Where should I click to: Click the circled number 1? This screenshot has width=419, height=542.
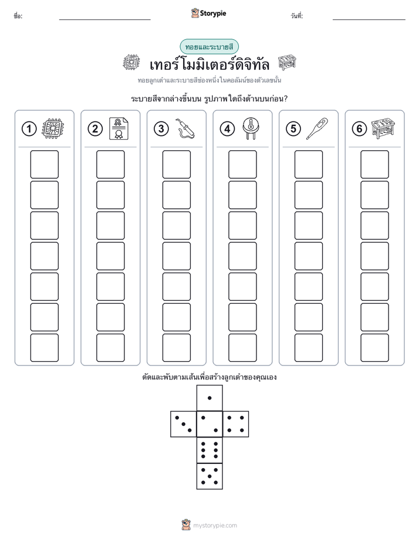click(29, 129)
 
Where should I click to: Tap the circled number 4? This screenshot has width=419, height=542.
click(227, 129)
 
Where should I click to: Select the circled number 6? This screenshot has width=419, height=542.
click(359, 129)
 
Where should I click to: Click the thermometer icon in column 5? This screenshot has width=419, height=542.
click(317, 128)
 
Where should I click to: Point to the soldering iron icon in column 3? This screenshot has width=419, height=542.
click(185, 128)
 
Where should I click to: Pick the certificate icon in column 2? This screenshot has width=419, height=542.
click(119, 128)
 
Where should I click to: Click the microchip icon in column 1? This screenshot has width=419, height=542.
click(53, 128)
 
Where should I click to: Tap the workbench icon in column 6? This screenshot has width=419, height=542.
click(383, 128)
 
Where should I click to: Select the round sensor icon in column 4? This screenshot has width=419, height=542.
click(251, 128)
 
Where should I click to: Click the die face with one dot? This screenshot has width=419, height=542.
click(209, 398)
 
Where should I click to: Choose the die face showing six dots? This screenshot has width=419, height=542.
click(209, 450)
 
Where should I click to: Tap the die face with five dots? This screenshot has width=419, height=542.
click(209, 476)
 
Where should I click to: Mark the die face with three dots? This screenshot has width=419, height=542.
click(184, 424)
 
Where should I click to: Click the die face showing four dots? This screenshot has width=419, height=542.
click(236, 424)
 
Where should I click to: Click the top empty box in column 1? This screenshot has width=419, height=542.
click(44, 164)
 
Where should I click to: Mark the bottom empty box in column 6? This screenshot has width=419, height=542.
click(374, 348)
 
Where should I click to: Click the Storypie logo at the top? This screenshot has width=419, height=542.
click(208, 13)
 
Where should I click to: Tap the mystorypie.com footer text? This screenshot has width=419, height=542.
click(215, 526)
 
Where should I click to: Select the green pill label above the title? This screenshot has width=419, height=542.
click(209, 47)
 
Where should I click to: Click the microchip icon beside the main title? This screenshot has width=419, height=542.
click(131, 63)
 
